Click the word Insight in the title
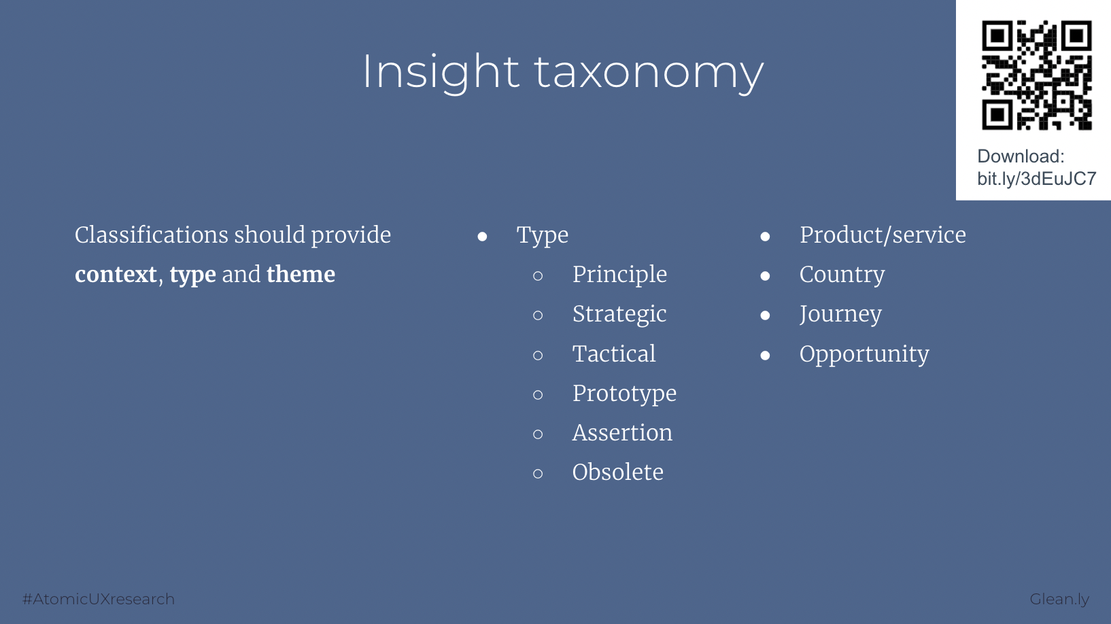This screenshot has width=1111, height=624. point(441,73)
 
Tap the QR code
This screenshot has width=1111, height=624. point(1037,75)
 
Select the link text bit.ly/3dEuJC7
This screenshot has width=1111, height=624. point(1037,179)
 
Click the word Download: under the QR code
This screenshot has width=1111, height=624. point(1021,156)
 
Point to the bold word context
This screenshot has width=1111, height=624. point(116,275)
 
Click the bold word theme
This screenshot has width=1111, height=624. point(301,274)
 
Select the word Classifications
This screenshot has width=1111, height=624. point(151,235)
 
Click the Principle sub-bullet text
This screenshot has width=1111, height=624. point(619,275)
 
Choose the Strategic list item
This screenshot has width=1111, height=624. point(619,314)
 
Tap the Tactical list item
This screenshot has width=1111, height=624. point(614,353)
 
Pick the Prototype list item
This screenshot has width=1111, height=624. point(624,394)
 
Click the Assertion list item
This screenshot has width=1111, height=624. point(622,432)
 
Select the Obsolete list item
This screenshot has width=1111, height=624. point(618,472)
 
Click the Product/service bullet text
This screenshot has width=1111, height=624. point(883,235)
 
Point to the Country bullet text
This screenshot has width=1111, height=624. point(842,275)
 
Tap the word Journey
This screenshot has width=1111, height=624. point(840,315)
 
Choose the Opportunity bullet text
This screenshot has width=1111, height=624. point(864,354)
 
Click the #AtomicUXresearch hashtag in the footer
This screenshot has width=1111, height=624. point(99,600)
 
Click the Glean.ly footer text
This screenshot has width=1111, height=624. point(1059,600)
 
